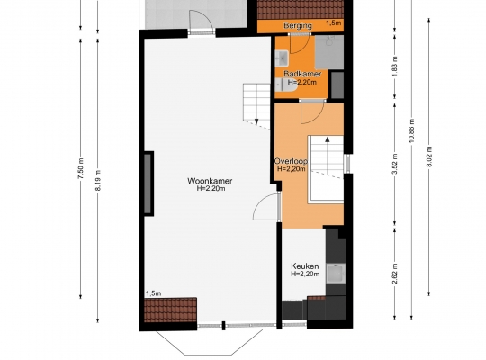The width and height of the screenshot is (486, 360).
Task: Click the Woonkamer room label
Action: pos(210,181)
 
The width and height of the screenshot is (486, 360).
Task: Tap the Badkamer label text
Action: pos(302,74)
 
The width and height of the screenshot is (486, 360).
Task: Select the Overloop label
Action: pos(291,161)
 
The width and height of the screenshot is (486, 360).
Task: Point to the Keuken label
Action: pos(305,266)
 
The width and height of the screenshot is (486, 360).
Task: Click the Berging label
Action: pos(298,25)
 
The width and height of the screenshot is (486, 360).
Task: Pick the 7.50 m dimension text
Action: pos(81,168)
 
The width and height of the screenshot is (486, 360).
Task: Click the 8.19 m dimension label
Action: pos(98,181)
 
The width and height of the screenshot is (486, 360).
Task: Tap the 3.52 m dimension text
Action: pos(395,164)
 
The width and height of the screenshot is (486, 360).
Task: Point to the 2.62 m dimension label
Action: pos(395,274)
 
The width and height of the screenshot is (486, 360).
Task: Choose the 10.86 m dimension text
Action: pos(412,130)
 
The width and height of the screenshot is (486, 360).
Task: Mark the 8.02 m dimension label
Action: pos(429,157)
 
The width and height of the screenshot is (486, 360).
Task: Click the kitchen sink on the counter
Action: pos(336,274)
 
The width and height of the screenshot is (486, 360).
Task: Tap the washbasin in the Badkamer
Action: pos(282,58)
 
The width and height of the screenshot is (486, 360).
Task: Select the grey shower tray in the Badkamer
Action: pos(329,52)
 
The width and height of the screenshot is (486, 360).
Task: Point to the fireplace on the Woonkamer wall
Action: pos(148,184)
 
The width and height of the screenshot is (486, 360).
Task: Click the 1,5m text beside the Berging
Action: pos(334,22)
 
